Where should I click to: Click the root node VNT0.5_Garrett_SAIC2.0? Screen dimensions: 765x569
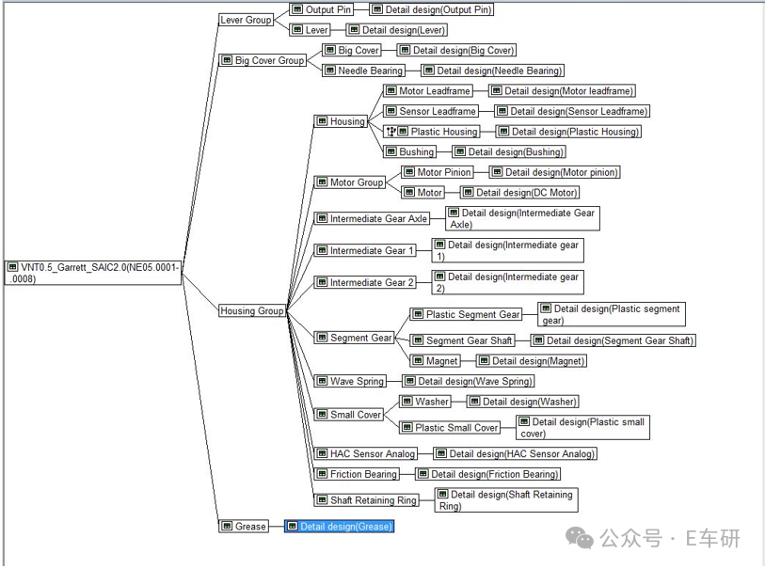click(93, 273)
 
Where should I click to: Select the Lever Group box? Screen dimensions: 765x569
click(246, 20)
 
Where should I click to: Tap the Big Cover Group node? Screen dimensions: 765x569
click(263, 60)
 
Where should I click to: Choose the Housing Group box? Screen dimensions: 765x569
click(252, 310)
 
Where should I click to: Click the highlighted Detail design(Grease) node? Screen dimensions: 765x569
click(339, 526)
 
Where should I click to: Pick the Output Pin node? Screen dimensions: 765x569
click(321, 9)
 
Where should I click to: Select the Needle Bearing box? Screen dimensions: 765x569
click(363, 71)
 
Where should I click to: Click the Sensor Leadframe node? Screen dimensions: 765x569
click(430, 111)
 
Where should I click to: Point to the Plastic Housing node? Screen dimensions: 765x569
click(432, 132)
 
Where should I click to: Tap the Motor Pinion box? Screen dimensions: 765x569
click(438, 172)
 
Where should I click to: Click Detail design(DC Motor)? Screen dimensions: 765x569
click(519, 193)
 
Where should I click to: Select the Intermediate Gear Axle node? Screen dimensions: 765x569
click(372, 218)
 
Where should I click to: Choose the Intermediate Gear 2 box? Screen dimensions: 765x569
click(365, 282)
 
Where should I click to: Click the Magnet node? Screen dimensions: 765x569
click(435, 361)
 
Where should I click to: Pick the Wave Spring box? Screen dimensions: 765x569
click(350, 381)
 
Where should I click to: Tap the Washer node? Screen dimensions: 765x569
click(425, 402)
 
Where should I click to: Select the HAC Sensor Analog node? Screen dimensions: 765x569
click(366, 453)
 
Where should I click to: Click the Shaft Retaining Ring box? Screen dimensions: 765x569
click(367, 499)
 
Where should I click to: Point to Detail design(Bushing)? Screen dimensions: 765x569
click(509, 151)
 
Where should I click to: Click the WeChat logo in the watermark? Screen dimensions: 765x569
click(579, 538)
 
